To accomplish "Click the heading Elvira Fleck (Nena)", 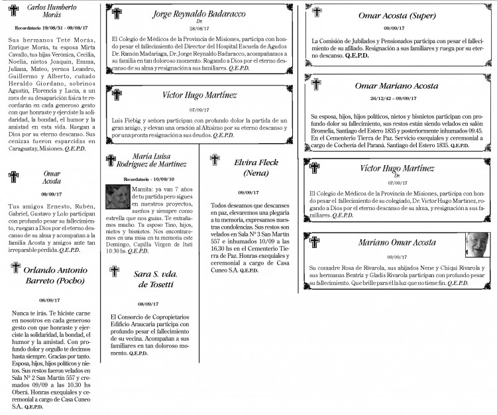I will tap(256, 167).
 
